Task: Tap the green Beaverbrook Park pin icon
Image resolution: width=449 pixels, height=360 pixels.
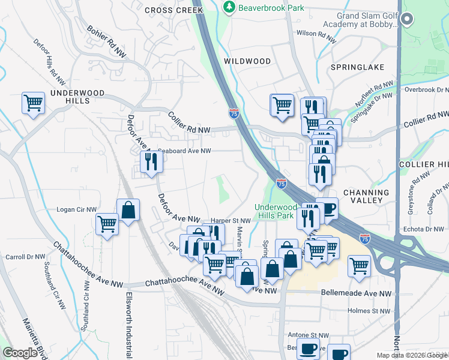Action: (229, 7)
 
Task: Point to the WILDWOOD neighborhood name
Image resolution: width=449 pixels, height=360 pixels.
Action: (247, 61)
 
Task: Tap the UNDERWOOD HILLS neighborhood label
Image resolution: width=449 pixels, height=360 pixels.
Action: (77, 97)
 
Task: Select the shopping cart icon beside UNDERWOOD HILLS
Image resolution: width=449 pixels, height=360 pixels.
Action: (33, 103)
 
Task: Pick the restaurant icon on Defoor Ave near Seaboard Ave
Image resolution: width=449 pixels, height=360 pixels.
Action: (150, 161)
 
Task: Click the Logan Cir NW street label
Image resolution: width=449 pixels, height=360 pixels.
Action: (76, 210)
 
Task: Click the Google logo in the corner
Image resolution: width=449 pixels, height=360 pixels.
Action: (20, 353)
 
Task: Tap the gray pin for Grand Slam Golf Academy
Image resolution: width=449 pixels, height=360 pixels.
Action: (407, 20)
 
